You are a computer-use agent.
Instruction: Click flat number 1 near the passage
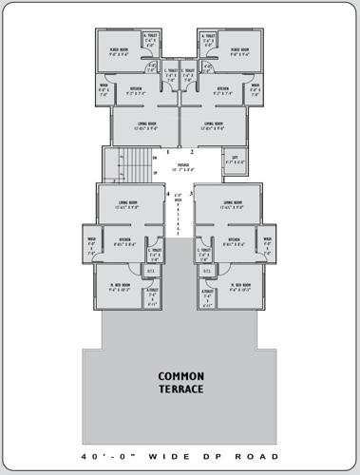pos(167,152)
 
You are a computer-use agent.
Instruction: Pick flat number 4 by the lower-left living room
pos(167,194)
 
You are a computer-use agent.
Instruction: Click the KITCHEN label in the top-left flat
pos(136,91)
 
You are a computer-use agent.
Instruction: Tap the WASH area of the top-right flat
pos(255,91)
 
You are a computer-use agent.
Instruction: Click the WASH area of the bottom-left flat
pos(92,244)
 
